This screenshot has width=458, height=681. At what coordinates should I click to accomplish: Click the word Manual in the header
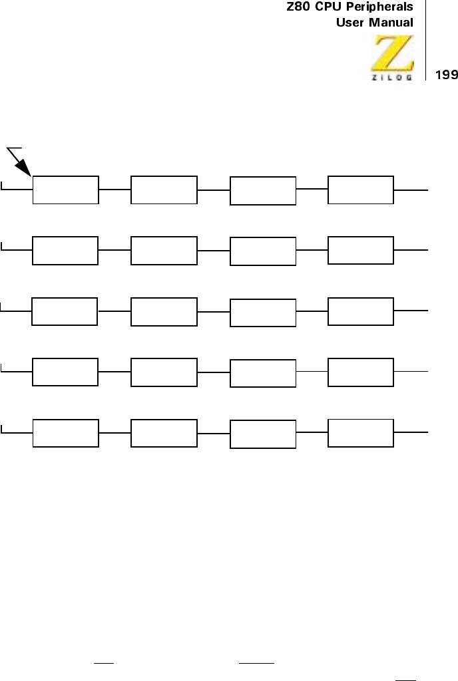[x=391, y=23]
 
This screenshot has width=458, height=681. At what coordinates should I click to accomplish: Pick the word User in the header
[x=349, y=23]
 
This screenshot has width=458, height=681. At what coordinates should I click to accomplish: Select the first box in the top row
[x=66, y=190]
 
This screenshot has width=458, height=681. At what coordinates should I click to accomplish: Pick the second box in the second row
[x=164, y=250]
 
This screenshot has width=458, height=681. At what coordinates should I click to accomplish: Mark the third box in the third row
[x=263, y=313]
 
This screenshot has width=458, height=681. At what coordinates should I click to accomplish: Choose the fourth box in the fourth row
[x=361, y=371]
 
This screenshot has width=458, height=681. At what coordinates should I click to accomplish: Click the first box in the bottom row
[x=66, y=434]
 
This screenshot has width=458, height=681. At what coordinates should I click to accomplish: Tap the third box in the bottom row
[x=263, y=434]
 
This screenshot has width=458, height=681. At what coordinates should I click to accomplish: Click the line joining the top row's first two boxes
[x=115, y=190]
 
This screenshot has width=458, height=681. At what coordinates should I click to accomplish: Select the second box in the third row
[x=164, y=312]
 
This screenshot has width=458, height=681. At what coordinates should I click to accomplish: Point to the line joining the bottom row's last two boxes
[x=312, y=432]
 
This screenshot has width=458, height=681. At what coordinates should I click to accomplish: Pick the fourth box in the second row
[x=361, y=249]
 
